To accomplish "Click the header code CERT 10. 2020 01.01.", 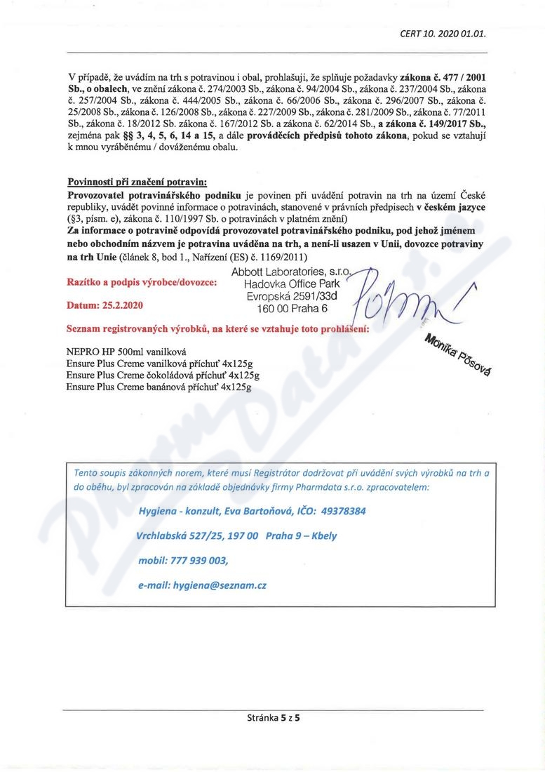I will pyautogui.click(x=442, y=33).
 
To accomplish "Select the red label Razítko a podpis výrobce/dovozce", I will pyautogui.click(x=141, y=282).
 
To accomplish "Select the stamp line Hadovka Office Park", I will pyautogui.click(x=292, y=284).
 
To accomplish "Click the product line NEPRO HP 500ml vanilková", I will pyautogui.click(x=126, y=350).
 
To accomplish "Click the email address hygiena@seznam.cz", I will pyautogui.click(x=222, y=584).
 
